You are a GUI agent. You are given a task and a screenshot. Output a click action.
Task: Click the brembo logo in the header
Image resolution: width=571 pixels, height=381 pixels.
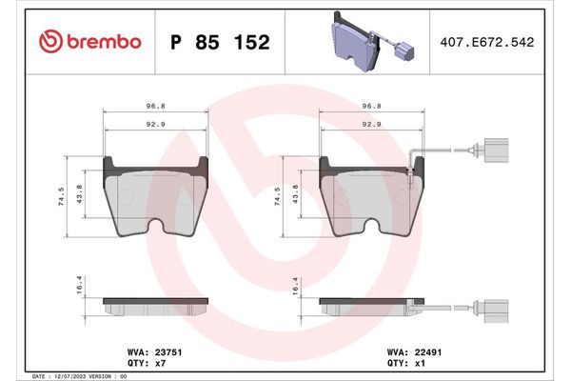(x=90, y=42)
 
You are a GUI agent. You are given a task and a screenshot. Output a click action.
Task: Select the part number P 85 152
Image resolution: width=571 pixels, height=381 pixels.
(x=219, y=43)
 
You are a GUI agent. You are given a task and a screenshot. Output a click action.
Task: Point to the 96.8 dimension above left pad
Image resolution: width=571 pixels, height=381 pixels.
(x=155, y=108)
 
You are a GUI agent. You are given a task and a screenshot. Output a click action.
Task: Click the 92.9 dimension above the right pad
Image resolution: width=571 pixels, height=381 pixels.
(x=372, y=124)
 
